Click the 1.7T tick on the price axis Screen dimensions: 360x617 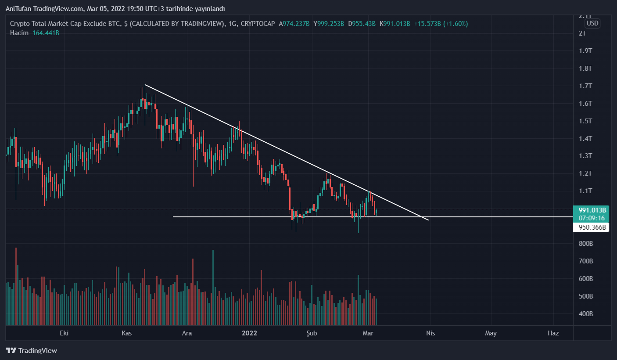pos(585,86)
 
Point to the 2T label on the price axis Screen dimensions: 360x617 pos(582,33)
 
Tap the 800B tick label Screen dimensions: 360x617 pos(585,244)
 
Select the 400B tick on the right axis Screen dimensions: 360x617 pos(585,314)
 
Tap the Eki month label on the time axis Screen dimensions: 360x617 pos(65,333)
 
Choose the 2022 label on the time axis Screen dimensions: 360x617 pos(250,333)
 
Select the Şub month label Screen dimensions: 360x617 pos(311,333)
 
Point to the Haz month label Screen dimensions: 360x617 pos(553,333)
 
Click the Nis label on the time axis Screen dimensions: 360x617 pos(430,333)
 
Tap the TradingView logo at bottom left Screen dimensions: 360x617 pos(31,351)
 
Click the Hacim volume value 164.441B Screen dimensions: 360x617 pos(46,33)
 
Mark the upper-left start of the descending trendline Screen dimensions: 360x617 pos(145,84)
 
